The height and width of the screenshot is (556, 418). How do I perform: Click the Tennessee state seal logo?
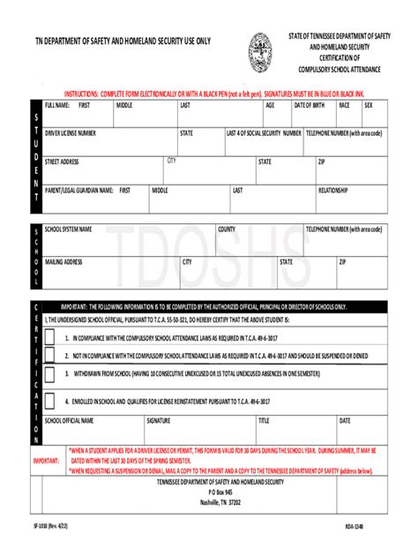coord(260,52)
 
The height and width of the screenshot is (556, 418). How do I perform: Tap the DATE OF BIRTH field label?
coord(309,105)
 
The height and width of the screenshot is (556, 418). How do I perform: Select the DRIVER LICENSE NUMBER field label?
coord(77,133)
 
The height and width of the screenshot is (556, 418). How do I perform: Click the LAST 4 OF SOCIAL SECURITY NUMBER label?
coord(264,133)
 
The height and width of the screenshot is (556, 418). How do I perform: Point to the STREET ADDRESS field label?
coord(62,162)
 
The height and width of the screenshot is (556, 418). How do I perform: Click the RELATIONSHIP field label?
coord(333,190)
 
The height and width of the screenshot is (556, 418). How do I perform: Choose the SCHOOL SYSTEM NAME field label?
coord(68,229)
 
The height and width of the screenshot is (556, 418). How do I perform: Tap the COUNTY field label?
coord(227,229)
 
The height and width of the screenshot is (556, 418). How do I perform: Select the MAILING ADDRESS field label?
coord(63,262)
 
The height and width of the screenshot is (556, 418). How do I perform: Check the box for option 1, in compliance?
coord(50,338)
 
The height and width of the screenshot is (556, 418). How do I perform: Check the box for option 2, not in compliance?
coord(50,357)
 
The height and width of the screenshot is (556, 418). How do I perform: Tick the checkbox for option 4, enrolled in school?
coord(50,400)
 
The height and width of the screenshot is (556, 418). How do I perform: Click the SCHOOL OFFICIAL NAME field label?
coord(69,421)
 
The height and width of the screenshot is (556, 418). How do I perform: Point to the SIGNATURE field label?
coord(159,421)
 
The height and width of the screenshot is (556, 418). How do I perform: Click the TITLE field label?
coord(264,421)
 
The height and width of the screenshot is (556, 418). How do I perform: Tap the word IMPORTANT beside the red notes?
coord(46,460)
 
